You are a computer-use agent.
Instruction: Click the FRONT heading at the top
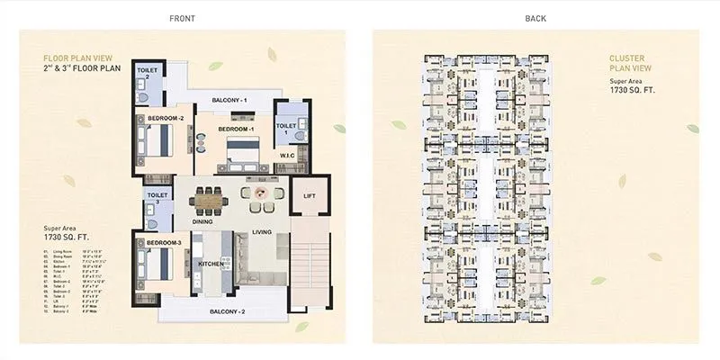[x=182, y=17]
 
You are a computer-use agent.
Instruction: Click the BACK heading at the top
[x=535, y=17]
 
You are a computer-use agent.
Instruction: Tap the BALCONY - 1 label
[x=229, y=100]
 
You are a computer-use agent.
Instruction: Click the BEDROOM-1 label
[x=236, y=129]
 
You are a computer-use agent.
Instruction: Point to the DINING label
[x=202, y=221]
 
